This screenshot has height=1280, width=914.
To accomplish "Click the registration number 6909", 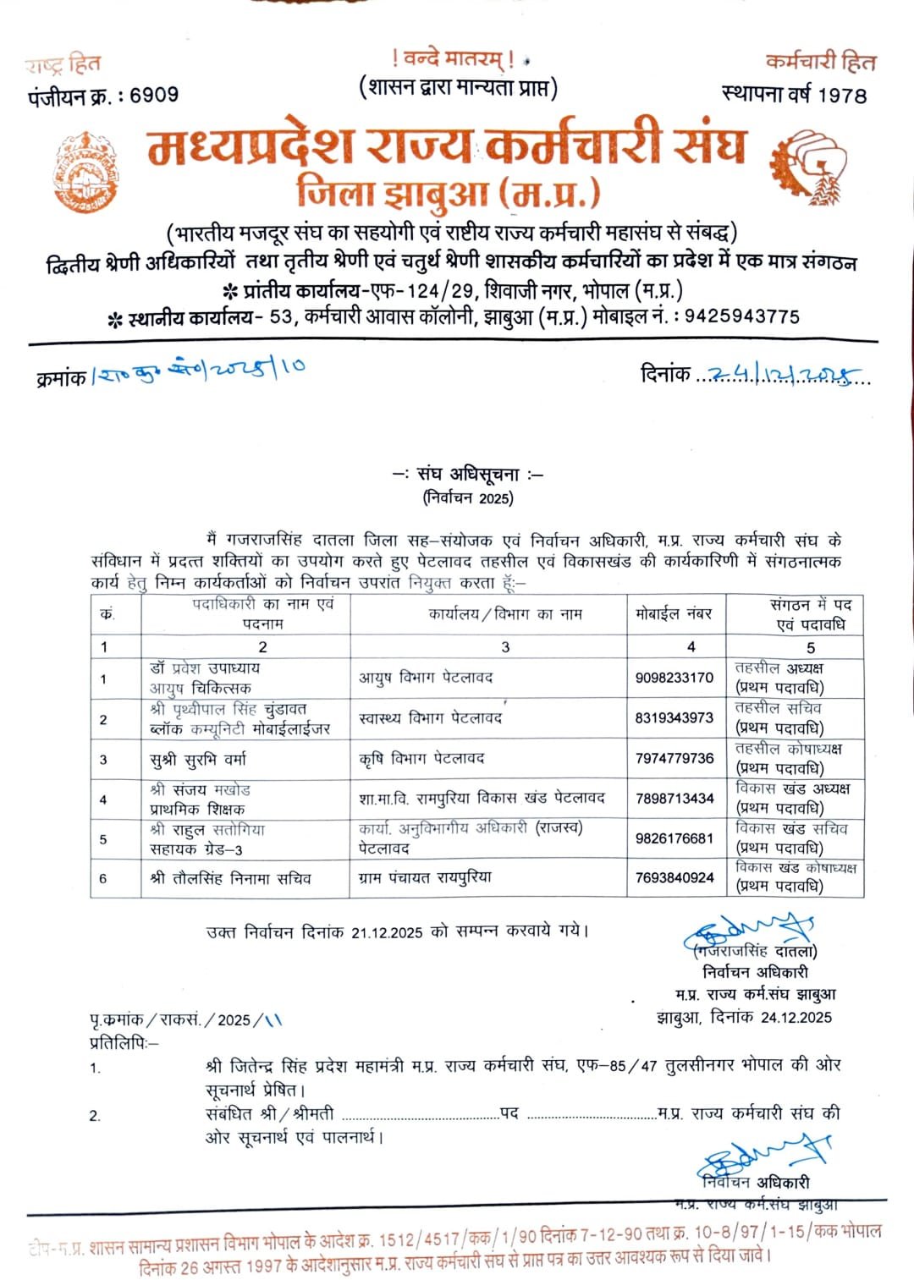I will (154, 95).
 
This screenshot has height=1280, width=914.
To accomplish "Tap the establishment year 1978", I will (842, 95).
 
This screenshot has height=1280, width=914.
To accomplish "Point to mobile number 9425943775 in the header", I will (741, 316).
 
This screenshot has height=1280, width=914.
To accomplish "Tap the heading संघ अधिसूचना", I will (468, 475).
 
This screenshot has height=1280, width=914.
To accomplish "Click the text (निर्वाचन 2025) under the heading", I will (468, 498).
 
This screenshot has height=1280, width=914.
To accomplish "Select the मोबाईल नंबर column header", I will (674, 614).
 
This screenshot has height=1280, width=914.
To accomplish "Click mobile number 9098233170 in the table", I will (674, 678).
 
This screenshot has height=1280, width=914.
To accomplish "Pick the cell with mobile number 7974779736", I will (674, 758).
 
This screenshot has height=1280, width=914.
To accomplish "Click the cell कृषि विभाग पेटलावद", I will (421, 759).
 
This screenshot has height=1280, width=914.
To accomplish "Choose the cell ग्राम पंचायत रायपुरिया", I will (425, 878).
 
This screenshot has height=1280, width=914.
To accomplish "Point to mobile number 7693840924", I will (674, 878).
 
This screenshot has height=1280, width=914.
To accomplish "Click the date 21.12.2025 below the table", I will (387, 932).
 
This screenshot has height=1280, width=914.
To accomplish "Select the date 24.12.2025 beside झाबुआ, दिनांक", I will (796, 1017).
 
